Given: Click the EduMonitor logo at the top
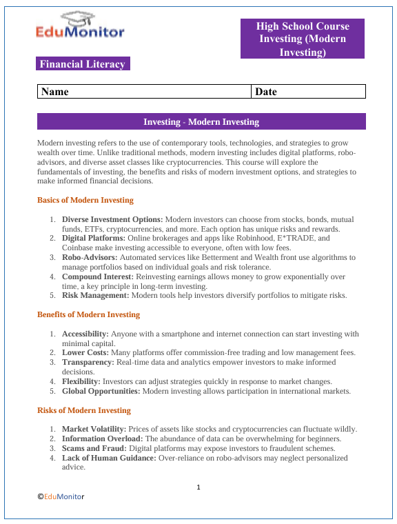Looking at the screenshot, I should coord(81,26).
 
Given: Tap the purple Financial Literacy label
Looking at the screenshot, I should coord(83,64).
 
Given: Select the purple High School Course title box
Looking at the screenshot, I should coord(303,39).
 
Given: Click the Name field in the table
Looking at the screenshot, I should coord(144,92).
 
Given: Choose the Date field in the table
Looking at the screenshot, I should coord(308,92).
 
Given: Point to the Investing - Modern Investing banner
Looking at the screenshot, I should coord(201,122).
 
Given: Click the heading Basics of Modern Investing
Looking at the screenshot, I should coord(85,200).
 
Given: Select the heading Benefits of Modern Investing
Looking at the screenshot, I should coord(88,315).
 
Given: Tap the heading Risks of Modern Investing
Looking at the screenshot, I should coord(83,410).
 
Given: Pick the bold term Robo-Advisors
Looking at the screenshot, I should coord(92,257).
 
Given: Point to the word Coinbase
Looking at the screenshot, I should coord(80,248).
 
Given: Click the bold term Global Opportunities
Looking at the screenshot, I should coord(101,391).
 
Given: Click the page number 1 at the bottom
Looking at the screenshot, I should coord(198,488).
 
